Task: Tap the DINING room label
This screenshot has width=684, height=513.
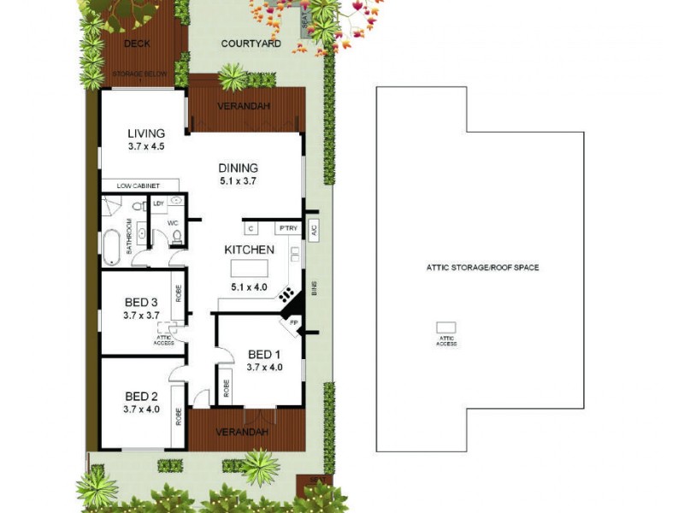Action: pos(238,168)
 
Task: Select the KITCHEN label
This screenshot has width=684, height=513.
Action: pos(249,250)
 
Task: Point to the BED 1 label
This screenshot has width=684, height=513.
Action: pos(264,355)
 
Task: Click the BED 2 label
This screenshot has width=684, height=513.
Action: pos(141,396)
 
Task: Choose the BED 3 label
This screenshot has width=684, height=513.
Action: pos(141,302)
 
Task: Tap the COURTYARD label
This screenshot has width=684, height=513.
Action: pos(251,44)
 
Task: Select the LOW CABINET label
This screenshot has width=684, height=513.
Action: pos(139,186)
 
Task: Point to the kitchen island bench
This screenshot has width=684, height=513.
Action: pos(249,268)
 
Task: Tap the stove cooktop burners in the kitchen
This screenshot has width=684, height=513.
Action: pos(286,295)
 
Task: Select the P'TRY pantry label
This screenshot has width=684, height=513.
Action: pos(285,229)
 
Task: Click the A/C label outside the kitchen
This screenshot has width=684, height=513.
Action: pos(314,229)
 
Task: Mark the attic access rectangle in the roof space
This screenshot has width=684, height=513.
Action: pos(446,327)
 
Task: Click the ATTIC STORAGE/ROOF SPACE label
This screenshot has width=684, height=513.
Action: pos(482,268)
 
